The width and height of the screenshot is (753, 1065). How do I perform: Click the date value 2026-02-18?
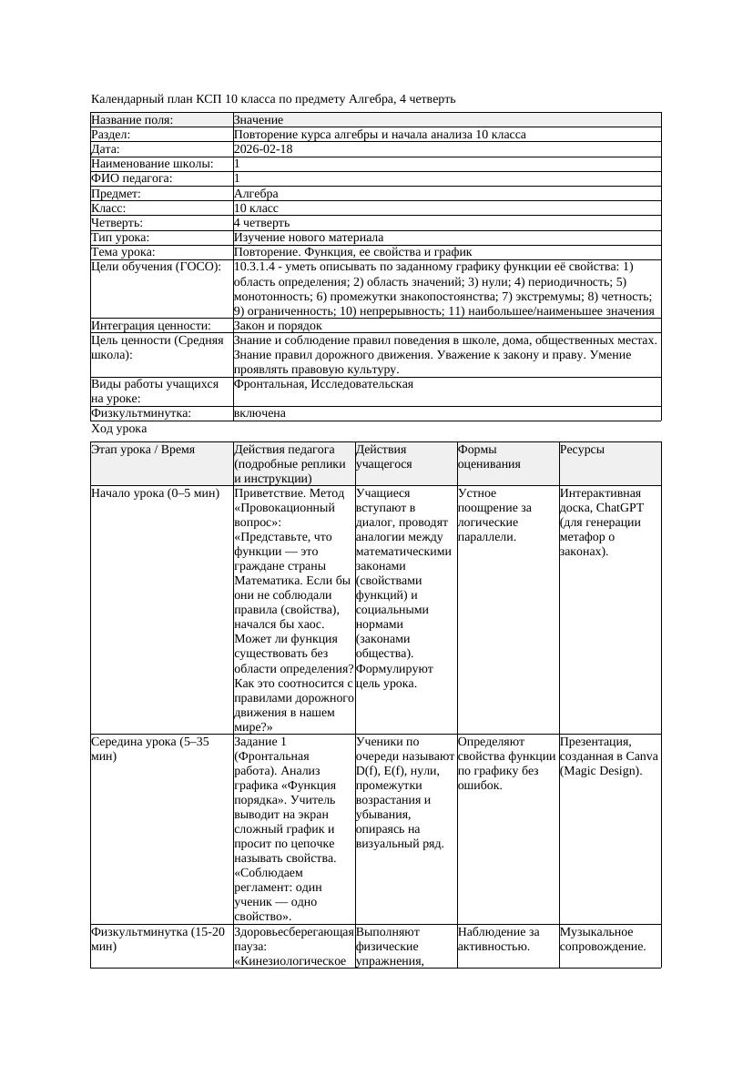(263, 149)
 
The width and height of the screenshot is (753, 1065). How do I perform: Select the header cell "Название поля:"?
(132, 120)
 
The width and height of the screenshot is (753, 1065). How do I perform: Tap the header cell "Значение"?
(259, 120)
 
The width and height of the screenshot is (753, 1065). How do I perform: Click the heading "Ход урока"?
(119, 429)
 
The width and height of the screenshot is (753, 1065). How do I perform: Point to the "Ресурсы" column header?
(582, 450)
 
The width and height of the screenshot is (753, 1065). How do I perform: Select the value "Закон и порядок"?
(278, 325)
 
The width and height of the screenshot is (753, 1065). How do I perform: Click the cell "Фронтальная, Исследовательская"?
(323, 384)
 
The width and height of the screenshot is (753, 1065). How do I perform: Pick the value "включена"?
(259, 413)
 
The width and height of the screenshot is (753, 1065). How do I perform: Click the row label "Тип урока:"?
(121, 238)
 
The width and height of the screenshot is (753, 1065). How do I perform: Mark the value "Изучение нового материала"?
(309, 238)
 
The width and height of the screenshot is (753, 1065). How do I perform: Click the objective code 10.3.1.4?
(261, 267)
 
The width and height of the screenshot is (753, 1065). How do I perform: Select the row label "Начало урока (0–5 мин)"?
(155, 493)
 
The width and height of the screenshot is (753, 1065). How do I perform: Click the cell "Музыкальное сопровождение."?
(603, 938)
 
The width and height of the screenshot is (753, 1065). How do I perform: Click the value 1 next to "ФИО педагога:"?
(238, 178)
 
